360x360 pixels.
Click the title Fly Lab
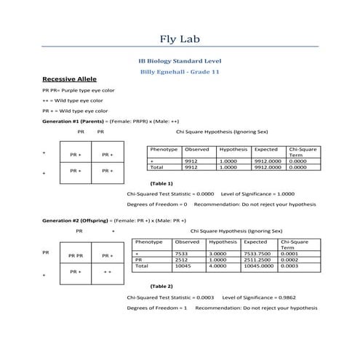(179, 39)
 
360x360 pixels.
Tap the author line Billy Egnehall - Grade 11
(179, 73)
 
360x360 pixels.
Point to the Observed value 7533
(182, 253)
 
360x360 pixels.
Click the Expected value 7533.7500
(256, 253)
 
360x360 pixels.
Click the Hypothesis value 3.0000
(219, 253)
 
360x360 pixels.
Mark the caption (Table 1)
(161, 183)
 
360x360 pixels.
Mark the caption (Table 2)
(161, 286)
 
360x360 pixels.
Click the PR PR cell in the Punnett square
(75, 255)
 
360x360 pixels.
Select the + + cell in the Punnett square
(106, 271)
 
